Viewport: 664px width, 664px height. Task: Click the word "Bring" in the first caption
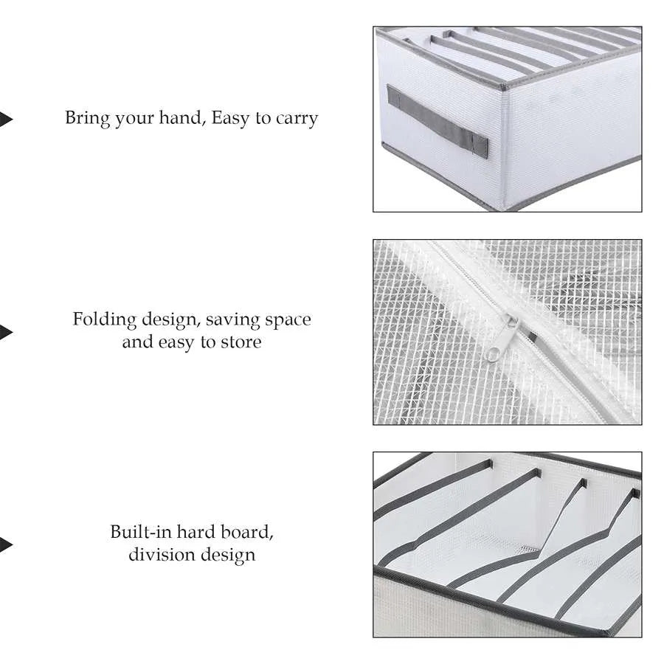point(87,118)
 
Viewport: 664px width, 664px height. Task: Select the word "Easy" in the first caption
point(230,118)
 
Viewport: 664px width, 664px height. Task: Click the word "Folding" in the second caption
point(105,319)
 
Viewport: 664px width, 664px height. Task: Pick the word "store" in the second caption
point(241,342)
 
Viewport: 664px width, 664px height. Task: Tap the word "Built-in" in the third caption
point(141,532)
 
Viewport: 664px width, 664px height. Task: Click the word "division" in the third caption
point(162,554)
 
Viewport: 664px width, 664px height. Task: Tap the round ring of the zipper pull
point(492,354)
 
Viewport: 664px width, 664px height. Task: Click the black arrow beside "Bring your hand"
point(5,120)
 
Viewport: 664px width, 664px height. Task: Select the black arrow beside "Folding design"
point(5,333)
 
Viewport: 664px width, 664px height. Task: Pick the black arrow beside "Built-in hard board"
point(5,544)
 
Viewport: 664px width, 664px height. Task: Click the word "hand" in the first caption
point(181,118)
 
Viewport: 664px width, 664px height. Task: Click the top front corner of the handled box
point(502,87)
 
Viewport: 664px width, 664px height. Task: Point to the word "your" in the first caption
point(134,120)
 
